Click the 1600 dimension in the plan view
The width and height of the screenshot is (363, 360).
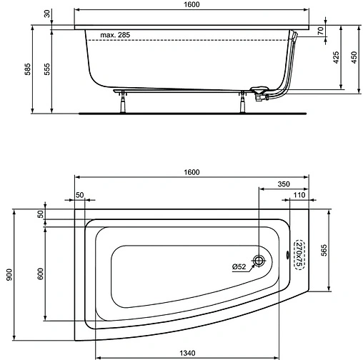point(190,173)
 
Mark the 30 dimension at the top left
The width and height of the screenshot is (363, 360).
point(45,14)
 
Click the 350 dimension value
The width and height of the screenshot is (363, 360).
point(284,184)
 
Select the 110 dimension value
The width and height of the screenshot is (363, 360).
point(299,196)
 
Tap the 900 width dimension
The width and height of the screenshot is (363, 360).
point(9,273)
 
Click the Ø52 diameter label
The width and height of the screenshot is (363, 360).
point(239,267)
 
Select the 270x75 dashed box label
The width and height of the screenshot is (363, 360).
point(300,254)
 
